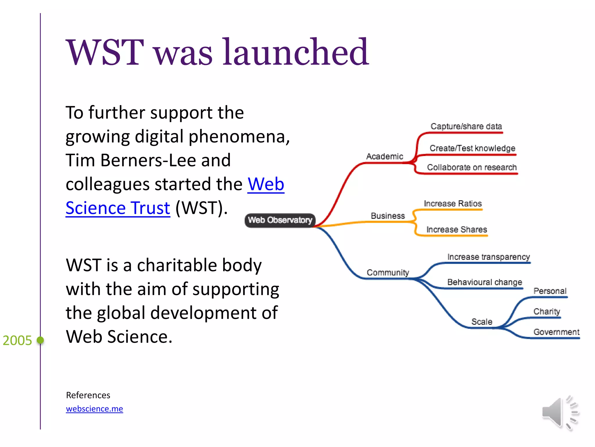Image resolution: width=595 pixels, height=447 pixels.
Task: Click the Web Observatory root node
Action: coord(280,220)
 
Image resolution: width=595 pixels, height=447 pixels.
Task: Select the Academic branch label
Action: coord(384,157)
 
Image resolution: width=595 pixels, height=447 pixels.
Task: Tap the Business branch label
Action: coord(388,216)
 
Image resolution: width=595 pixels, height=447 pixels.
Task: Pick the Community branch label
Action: coord(388,273)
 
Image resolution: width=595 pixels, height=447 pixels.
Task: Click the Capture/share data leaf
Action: coord(466,127)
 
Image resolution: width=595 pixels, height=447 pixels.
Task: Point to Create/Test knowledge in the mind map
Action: coord(472,148)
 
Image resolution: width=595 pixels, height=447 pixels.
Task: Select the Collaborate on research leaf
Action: coord(472,168)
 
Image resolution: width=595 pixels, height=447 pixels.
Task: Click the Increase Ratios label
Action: coord(452,204)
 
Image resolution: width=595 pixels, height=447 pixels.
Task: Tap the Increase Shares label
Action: coord(456,230)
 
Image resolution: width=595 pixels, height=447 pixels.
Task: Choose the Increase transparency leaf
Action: coord(488,257)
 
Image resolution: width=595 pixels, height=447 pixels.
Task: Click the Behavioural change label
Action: coord(484,282)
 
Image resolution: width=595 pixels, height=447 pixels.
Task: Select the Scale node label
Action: coord(481,322)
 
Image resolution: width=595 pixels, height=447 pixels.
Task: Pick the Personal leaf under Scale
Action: coord(550,291)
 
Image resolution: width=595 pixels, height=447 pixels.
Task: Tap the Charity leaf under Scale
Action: coord(546,312)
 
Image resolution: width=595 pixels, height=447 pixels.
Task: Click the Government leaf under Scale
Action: coord(556,332)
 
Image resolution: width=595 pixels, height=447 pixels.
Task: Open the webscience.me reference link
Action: coord(94,409)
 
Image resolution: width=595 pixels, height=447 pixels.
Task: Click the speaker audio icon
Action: coord(560,413)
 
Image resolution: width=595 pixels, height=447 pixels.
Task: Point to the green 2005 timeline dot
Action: coord(40,340)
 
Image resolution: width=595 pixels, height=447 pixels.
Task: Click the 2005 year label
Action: coord(17,340)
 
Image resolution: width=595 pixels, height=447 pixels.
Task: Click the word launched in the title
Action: coord(295,52)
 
